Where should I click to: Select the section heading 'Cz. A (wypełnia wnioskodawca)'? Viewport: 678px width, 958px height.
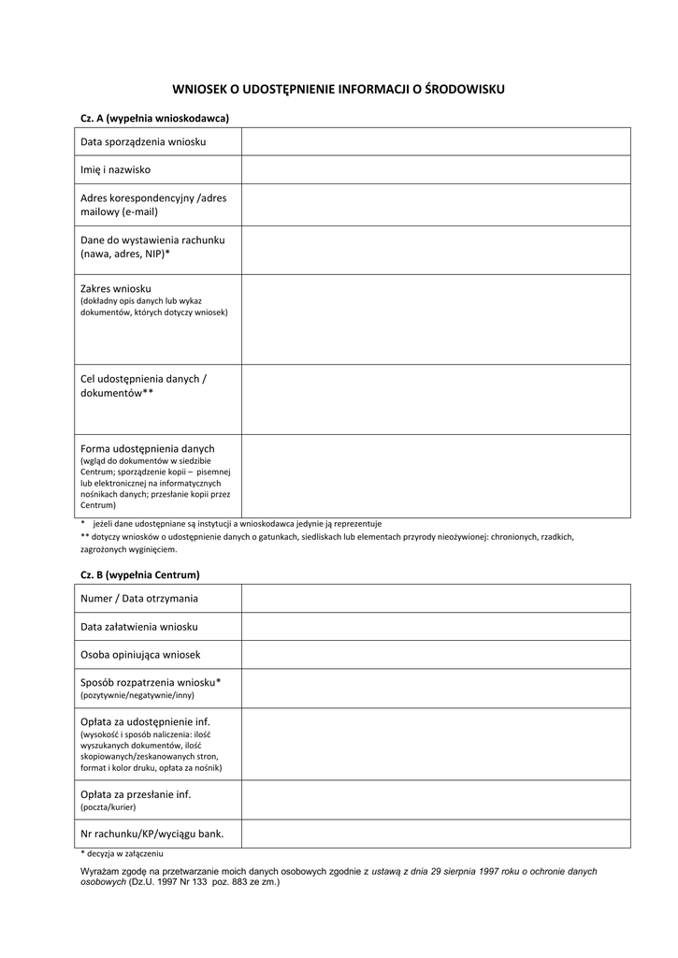pos(155,118)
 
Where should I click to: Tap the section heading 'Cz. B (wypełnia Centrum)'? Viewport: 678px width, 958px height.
pos(140,574)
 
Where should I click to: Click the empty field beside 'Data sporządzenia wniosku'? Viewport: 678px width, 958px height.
pos(436,142)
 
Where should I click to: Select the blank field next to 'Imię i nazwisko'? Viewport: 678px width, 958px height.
pos(436,170)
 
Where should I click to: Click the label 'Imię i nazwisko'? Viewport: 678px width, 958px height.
pos(115,170)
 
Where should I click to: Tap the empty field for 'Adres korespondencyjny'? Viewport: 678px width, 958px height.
pos(436,205)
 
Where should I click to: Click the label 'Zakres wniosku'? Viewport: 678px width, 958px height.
pos(116,288)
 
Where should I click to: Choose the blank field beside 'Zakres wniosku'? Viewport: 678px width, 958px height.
pos(436,319)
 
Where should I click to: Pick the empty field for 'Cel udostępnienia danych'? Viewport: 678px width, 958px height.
pos(436,399)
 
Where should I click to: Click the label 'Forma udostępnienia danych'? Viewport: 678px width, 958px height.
pos(148,448)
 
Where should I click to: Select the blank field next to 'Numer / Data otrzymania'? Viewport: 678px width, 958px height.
pos(436,599)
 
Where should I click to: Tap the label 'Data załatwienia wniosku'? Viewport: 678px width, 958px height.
pos(139,627)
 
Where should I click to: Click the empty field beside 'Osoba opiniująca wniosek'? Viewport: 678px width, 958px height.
pos(436,655)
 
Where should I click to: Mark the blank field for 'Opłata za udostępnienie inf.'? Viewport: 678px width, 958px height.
pos(436,744)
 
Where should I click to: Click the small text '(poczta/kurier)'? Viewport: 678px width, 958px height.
pos(108,806)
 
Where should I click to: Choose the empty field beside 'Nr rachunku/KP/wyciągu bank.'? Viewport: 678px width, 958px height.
pos(436,834)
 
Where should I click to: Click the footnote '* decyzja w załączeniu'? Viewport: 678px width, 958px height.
pos(123,854)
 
